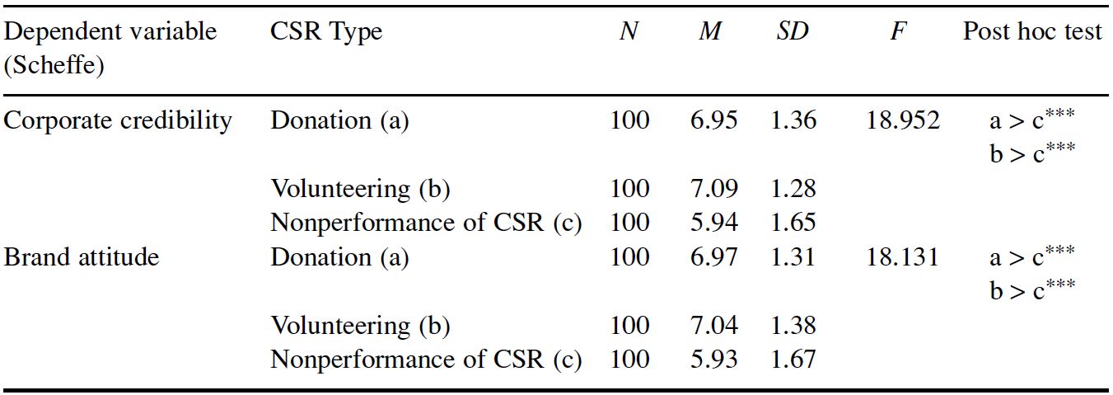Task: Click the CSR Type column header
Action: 326,32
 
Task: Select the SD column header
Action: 793,32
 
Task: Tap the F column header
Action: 898,32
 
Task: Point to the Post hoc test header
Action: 1032,32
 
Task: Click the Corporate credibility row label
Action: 118,121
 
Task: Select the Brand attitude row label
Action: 82,257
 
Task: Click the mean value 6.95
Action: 714,121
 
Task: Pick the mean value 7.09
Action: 714,189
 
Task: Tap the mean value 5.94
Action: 714,223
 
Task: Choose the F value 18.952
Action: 903,121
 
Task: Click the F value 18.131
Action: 902,257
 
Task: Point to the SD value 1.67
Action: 793,360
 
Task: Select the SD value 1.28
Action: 793,189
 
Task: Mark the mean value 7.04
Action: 714,326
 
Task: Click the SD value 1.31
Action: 793,257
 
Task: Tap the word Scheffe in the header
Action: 54,65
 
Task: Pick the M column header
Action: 710,32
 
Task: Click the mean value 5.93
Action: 714,360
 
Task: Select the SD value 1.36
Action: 793,121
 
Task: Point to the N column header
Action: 629,32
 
